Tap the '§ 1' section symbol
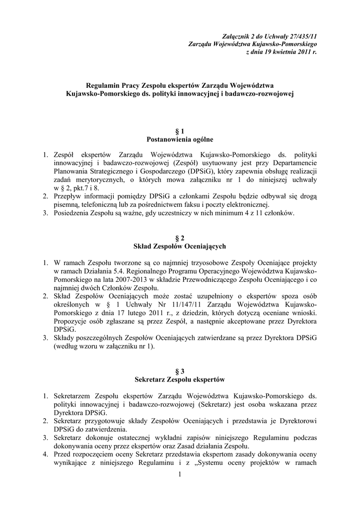180,131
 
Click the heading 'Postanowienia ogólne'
180,139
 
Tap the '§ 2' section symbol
180,238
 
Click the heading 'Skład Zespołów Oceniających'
180,246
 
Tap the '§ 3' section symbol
180,371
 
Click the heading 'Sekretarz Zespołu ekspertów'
180,379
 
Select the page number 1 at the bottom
180,476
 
